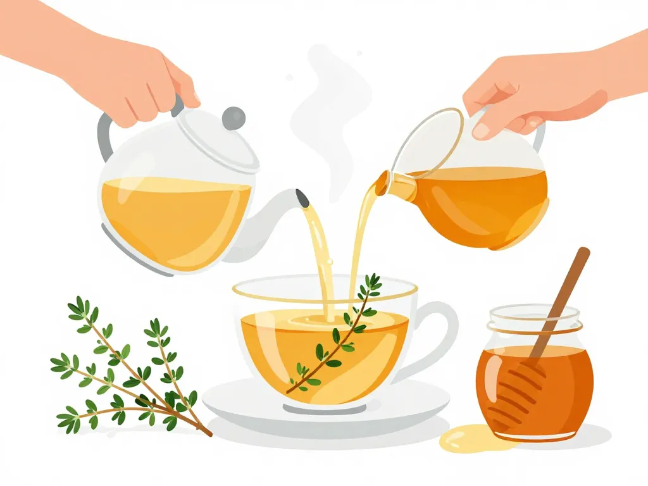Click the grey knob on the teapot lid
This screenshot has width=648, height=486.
point(234,118)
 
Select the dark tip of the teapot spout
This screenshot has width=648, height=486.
point(302,198)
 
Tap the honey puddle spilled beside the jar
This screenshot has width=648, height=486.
point(471,438)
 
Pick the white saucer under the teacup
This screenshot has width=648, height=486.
point(253,405)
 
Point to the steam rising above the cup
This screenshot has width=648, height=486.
point(323,108)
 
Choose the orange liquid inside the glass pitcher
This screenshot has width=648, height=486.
point(481,202)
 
